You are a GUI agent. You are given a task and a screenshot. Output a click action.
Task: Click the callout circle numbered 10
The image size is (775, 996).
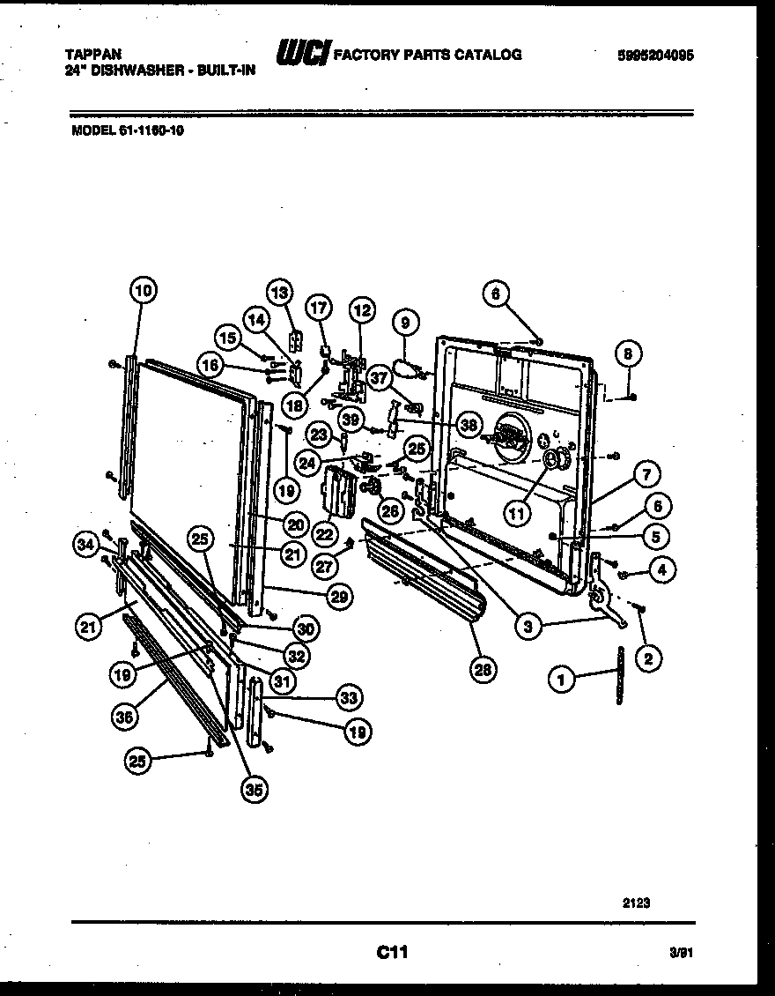click(x=143, y=290)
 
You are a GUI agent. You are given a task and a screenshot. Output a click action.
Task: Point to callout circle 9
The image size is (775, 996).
click(x=405, y=323)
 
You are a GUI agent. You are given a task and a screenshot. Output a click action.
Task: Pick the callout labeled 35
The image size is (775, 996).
click(x=254, y=789)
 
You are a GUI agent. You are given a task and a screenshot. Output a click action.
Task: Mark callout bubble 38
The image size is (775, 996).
click(x=469, y=424)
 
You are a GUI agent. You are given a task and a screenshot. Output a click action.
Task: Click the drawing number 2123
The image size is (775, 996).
click(x=638, y=902)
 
